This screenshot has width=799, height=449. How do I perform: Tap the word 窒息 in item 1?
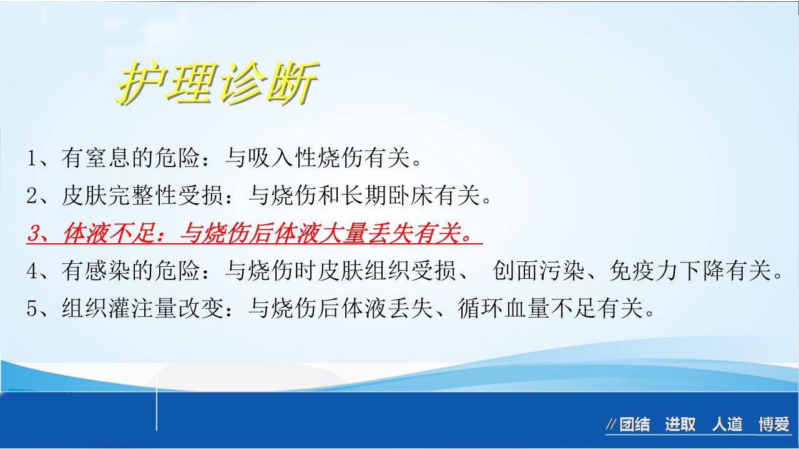click(x=109, y=158)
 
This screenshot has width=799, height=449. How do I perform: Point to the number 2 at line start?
click(x=33, y=197)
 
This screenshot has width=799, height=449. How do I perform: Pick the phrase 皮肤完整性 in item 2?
click(x=120, y=197)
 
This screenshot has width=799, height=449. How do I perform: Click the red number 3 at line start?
click(x=34, y=234)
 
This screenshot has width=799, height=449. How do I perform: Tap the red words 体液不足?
click(x=109, y=234)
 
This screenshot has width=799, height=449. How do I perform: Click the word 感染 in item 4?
click(x=109, y=272)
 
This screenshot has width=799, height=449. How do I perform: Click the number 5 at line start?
click(x=33, y=309)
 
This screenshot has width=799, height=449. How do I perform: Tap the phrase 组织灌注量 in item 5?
click(x=120, y=309)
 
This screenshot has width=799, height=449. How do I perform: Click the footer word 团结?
click(x=634, y=425)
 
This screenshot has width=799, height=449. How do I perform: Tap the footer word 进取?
click(x=680, y=425)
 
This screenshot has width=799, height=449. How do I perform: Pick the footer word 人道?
click(x=727, y=425)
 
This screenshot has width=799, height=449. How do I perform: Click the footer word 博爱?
click(x=774, y=425)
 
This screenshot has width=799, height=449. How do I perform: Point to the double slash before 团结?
click(x=611, y=425)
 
